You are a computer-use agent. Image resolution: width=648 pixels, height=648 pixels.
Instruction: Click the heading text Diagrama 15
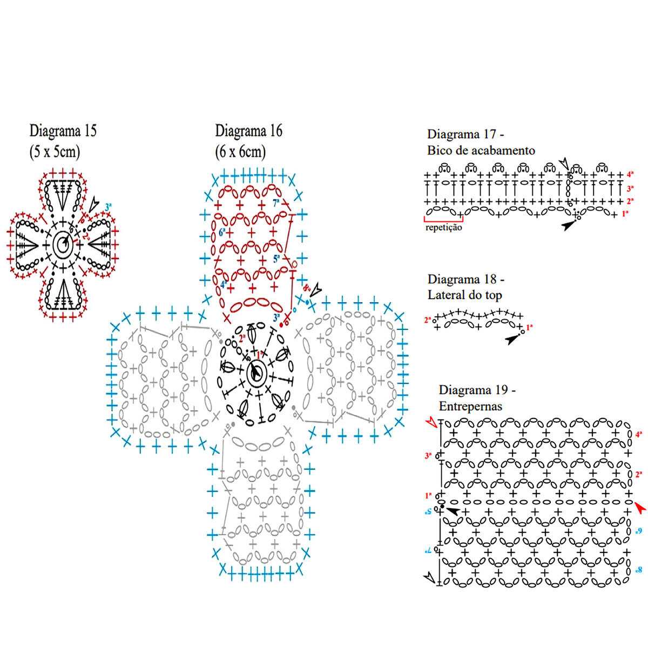tap(63, 131)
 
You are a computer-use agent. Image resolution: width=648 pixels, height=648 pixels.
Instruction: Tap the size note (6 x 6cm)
tap(241, 151)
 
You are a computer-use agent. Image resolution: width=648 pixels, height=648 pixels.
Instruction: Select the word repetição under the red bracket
tap(443, 227)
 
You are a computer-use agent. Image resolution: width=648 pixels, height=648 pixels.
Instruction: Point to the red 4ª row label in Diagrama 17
tap(630, 175)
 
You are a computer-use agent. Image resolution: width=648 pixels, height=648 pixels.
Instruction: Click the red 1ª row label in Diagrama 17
tap(625, 214)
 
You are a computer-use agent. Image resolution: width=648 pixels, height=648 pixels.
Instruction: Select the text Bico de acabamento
tap(481, 151)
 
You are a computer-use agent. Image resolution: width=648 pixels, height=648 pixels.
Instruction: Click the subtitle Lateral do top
tap(464, 295)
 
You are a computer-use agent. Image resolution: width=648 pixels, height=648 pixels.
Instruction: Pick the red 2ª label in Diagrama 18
tap(428, 320)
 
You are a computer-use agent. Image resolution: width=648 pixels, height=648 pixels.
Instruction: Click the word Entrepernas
tap(470, 406)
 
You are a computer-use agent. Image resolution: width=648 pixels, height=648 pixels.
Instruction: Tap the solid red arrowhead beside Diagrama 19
tap(640, 507)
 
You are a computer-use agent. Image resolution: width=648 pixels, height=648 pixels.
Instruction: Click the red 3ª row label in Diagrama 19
tap(429, 456)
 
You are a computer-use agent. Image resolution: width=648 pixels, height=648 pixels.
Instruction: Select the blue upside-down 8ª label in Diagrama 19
tap(639, 570)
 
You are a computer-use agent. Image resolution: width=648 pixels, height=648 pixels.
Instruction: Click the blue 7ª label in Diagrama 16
tap(276, 204)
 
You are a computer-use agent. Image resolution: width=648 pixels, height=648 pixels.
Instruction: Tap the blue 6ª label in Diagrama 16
tap(222, 232)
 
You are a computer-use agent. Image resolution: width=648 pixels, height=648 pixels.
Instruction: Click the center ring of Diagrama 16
tap(255, 373)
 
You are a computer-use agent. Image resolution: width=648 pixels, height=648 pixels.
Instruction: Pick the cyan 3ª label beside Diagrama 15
tap(108, 206)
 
